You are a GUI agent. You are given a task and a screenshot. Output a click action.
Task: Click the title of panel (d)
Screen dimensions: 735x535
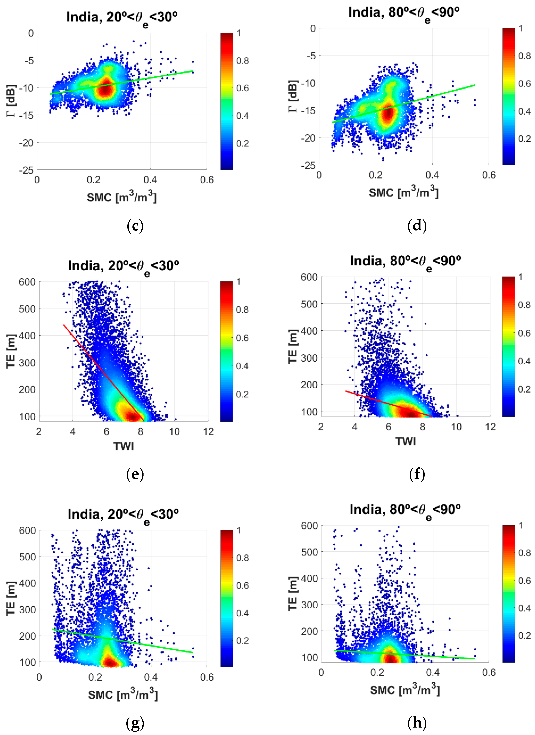pos(404,14)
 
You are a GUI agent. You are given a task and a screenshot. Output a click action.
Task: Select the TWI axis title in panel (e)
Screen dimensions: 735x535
pos(123,446)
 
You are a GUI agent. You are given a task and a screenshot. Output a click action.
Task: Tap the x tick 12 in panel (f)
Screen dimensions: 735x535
pos(490,427)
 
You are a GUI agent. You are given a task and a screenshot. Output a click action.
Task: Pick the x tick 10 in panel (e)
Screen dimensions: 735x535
pos(174,432)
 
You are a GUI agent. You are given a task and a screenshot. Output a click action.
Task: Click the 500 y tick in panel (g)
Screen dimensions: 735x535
pos(27,557)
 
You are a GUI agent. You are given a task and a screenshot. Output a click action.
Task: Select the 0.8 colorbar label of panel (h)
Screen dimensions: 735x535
pos(524,553)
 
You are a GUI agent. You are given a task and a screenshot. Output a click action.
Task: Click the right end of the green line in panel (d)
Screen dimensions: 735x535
pos(475,85)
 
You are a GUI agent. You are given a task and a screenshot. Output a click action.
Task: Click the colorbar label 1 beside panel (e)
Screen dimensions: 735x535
pos(238,282)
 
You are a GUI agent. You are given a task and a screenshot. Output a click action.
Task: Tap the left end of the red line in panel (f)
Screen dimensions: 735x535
pos(346,391)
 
